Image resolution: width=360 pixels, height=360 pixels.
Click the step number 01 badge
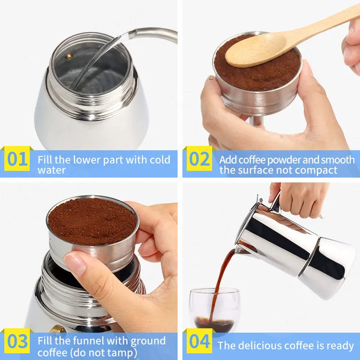(x=17, y=159)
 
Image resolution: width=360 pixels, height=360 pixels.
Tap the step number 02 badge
(x=199, y=159)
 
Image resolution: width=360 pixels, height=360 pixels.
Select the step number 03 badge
(x=17, y=341)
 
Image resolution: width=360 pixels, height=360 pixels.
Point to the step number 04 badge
(x=199, y=341)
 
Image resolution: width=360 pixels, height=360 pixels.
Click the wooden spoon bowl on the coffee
(x=255, y=50)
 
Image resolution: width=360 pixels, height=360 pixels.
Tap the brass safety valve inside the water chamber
(x=69, y=57)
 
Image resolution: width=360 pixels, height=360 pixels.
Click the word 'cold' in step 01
(x=160, y=160)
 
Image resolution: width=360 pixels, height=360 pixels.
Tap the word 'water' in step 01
(x=52, y=170)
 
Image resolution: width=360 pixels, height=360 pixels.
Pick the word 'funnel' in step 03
(x=90, y=341)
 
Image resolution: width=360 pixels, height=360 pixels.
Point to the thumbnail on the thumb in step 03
(x=73, y=264)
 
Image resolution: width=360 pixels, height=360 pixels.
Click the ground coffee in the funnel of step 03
(x=92, y=220)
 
